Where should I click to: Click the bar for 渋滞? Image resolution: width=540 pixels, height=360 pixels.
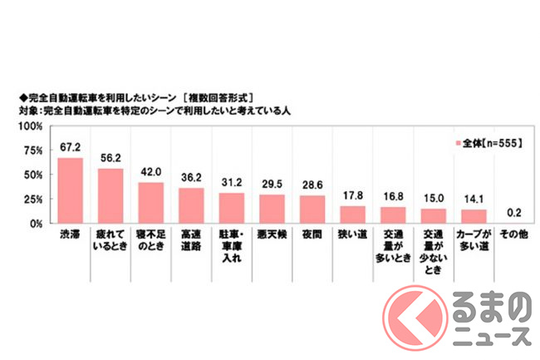[70, 190]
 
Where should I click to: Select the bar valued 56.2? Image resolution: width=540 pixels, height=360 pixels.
[110, 195]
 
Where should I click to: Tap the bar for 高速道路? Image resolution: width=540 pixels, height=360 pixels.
[191, 205]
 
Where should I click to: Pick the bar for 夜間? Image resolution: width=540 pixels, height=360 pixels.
[312, 209]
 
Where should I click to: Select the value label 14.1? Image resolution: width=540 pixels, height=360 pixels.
[472, 200]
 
